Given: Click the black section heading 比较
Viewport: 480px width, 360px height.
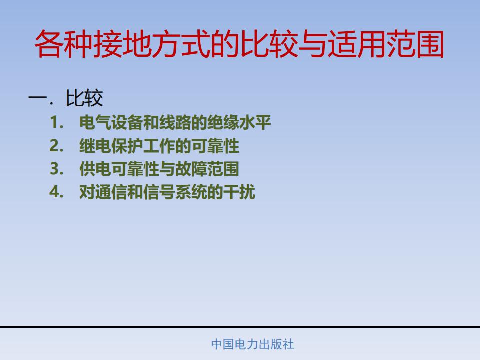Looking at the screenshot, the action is pos(84,98).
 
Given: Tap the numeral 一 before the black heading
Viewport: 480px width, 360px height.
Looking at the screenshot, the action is pos(37,98).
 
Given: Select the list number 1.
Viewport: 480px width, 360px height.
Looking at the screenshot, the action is pos(57,122).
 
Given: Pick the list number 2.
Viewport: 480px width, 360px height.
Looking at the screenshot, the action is pos(57,145).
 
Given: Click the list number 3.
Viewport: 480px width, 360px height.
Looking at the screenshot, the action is pos(57,169).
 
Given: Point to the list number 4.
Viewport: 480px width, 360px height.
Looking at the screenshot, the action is pos(57,192).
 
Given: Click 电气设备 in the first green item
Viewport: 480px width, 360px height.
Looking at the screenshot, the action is pos(111,122).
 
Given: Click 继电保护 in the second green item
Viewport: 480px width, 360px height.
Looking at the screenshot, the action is pos(111,145).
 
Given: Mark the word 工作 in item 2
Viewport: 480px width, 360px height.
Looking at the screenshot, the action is pos(159,145).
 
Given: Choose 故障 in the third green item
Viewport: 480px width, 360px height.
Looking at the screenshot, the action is pos(191,169).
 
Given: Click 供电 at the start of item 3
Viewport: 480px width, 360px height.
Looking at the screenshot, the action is pos(95,169).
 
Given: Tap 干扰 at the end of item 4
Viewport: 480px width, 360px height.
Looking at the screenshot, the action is pos(239,192).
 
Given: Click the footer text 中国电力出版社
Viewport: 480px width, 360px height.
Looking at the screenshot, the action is pos(253,344).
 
